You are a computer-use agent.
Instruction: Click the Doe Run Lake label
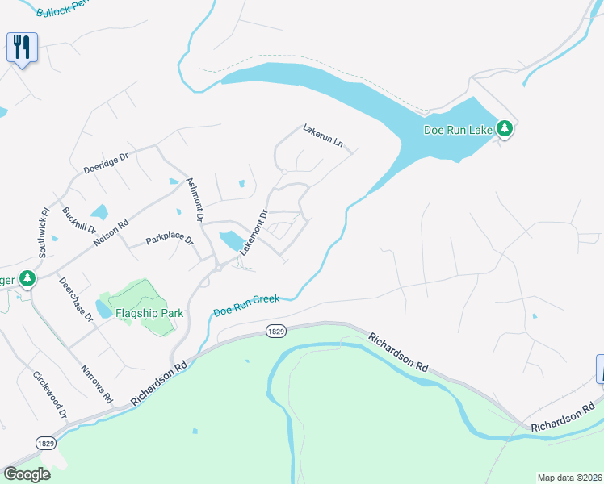point(459,130)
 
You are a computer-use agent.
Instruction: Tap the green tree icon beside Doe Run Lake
point(504,128)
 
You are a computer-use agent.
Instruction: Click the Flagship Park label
point(149,313)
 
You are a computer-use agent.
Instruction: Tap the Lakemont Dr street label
point(254,233)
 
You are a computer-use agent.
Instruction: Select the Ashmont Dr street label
point(195,199)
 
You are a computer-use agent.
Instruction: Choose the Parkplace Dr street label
point(170,240)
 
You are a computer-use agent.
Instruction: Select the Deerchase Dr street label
point(76,299)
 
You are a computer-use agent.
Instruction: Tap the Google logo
point(27,474)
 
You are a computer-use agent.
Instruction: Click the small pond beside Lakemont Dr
point(229,240)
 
